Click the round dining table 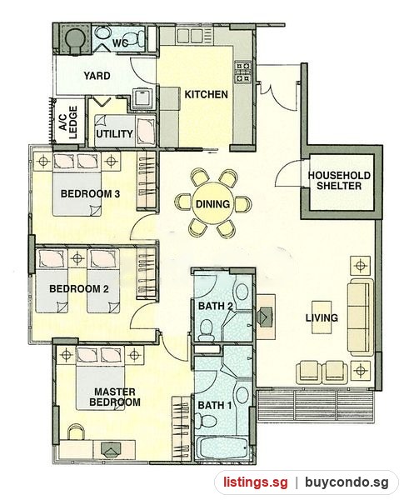coord(212,203)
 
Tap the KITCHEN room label coord(207,94)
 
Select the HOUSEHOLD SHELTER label coord(339,181)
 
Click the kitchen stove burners coord(243,72)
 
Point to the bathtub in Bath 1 coord(221,447)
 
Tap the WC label coord(121,42)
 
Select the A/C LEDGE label coord(68,122)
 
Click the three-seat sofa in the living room coord(361,317)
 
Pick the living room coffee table coord(322,317)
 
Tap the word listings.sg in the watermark coord(255,482)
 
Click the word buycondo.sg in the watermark coord(347,482)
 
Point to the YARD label coord(97,76)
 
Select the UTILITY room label coord(114,133)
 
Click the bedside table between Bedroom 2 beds coord(77,258)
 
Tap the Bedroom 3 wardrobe coord(147,181)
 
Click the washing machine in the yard coord(142,97)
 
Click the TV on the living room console coord(266,317)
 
